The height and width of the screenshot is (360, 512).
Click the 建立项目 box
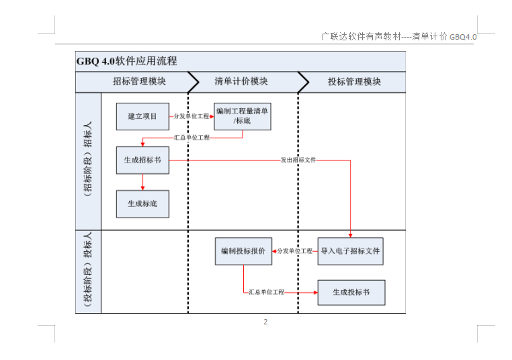coord(142,116)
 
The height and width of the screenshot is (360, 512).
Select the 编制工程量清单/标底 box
coord(243,116)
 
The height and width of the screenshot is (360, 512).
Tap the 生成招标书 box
coord(142,160)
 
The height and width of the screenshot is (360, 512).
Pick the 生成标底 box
coord(142,204)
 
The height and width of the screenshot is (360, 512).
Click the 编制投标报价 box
coord(243,251)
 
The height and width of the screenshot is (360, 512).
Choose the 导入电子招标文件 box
coord(350,251)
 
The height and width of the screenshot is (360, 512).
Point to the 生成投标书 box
coord(351,292)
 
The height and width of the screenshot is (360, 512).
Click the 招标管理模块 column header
coord(140,81)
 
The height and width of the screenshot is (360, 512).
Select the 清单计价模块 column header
coord(241,81)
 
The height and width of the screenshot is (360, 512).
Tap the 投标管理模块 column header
coord(355,81)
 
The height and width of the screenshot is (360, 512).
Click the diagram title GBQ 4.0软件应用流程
coord(127,61)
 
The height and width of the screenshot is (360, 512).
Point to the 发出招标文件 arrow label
coord(298,160)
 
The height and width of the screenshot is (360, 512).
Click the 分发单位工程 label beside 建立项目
coord(191,116)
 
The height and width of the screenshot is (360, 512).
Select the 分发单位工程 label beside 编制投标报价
coord(295,251)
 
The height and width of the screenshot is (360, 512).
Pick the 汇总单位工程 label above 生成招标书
coord(192,138)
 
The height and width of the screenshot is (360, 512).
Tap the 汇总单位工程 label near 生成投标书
coord(267,292)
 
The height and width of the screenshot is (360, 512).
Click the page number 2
coord(265,322)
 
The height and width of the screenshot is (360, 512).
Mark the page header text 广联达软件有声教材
coord(361,36)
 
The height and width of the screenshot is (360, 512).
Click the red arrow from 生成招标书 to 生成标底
coord(142,182)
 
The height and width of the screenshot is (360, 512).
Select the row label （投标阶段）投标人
coord(88,269)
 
